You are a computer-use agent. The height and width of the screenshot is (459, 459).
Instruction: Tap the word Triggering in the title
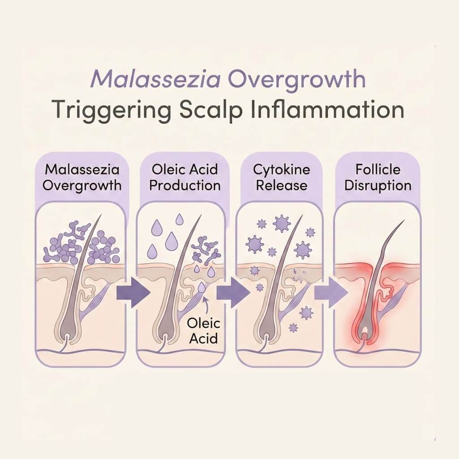111,111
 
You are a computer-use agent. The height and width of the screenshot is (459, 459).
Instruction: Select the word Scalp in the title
211,111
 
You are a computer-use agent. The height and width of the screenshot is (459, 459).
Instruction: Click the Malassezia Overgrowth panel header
82,178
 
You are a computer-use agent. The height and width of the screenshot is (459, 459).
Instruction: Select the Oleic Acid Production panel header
185,178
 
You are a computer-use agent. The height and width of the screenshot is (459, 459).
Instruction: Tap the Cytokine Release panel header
281,178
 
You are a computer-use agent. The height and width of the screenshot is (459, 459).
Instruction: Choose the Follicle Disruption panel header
378,178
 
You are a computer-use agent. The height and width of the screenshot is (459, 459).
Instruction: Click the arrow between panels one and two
133,292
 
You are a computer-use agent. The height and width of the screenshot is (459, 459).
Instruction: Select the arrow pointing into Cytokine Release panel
233,292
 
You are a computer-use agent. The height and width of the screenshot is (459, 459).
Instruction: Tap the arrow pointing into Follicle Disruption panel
331,292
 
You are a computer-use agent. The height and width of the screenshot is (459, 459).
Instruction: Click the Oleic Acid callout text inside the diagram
204,331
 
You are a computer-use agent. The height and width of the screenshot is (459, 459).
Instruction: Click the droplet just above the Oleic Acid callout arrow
201,288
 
